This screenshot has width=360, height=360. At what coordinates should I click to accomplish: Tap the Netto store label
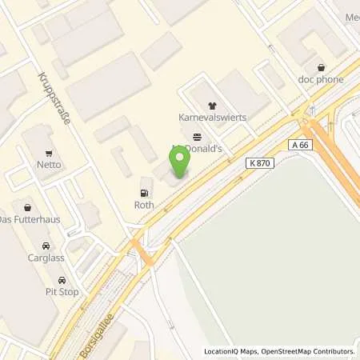click(48, 165)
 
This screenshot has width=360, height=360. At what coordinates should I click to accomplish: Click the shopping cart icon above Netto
click(49, 152)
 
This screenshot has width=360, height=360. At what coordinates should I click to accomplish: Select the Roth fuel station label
click(144, 204)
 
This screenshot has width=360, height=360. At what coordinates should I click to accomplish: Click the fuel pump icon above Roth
click(144, 192)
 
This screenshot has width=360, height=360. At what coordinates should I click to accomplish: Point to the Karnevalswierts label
click(212, 117)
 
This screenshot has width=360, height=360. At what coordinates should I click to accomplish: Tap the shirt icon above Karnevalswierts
click(212, 105)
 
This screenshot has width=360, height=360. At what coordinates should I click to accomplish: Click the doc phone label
click(322, 80)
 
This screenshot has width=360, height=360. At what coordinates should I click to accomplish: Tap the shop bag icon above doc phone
click(322, 67)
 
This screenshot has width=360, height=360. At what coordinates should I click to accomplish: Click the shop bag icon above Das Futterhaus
click(25, 206)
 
